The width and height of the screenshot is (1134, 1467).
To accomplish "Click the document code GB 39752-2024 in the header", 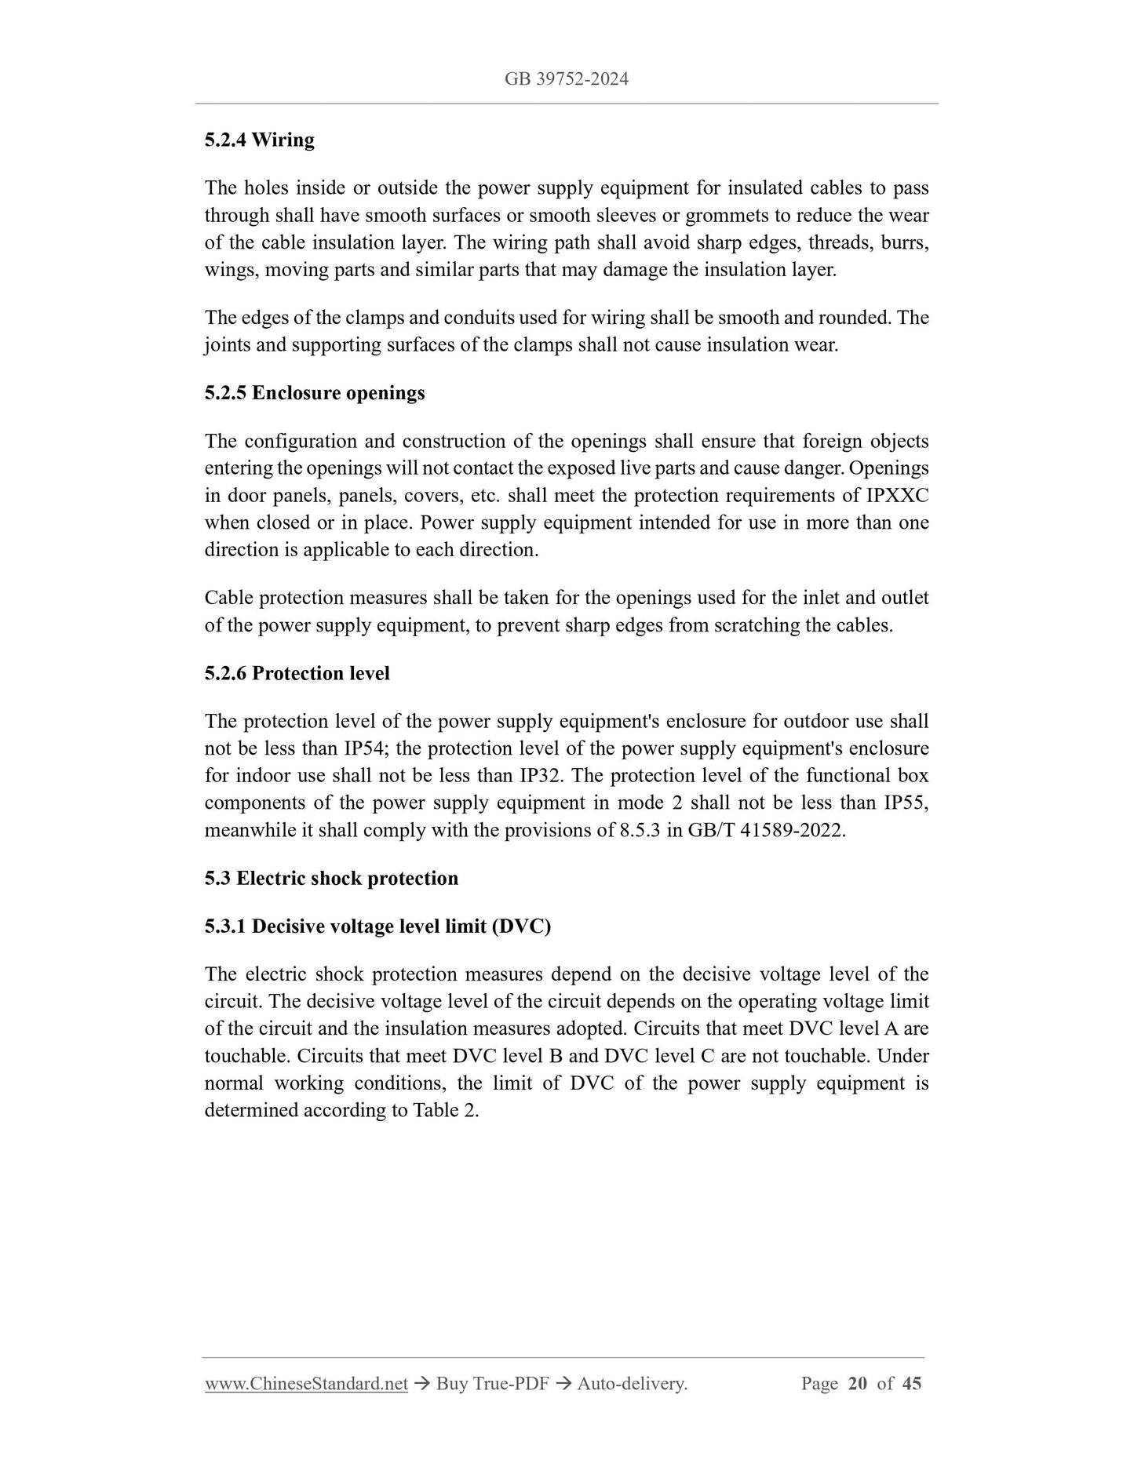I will [x=567, y=79].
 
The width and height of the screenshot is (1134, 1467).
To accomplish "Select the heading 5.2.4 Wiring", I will [x=259, y=140].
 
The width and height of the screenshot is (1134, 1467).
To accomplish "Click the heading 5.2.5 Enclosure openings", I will [x=314, y=392].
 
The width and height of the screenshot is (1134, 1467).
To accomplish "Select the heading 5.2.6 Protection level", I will [x=297, y=673].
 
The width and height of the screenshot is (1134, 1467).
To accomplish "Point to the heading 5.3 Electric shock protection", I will [x=331, y=878].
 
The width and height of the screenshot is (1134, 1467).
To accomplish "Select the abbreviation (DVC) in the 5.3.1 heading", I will [x=522, y=926].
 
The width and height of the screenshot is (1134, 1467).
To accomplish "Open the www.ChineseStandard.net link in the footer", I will [x=306, y=1384].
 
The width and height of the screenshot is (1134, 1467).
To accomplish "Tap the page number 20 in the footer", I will [x=857, y=1384].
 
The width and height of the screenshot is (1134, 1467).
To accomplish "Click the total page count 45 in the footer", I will [x=912, y=1384].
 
